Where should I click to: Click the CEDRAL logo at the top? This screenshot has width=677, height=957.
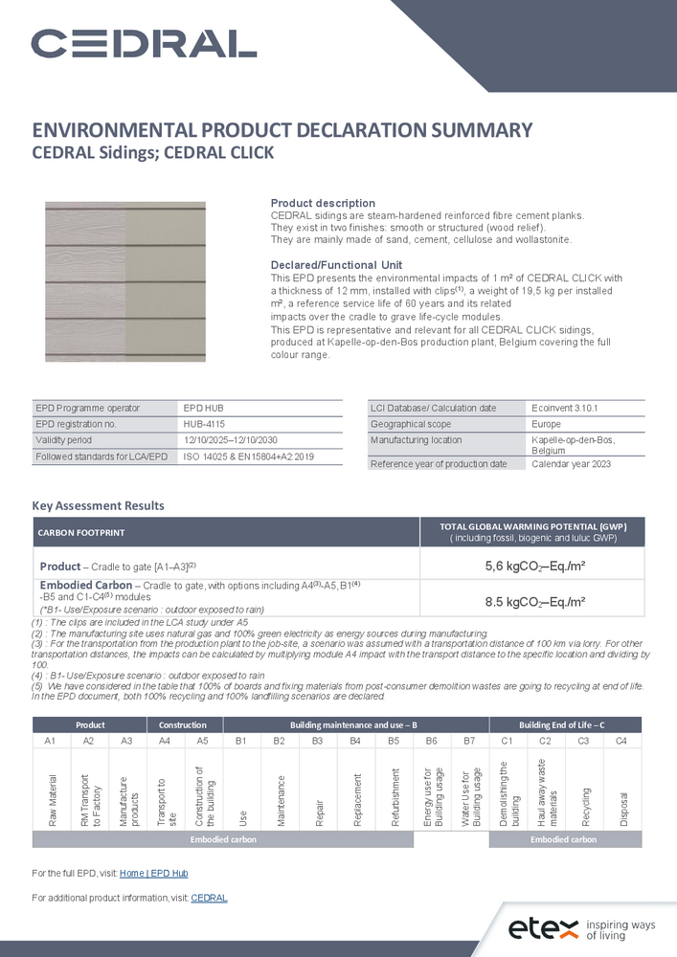tap(144, 43)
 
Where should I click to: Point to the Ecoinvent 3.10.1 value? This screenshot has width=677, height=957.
tap(564, 409)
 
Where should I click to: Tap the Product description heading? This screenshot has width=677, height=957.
tap(323, 204)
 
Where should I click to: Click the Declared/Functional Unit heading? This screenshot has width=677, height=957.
tap(337, 265)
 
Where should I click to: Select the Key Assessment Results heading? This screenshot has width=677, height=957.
tap(98, 505)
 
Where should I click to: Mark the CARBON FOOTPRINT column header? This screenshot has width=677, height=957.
tap(81, 532)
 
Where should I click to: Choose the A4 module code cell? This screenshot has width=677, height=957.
tap(164, 742)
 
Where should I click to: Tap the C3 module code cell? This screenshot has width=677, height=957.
tap(583, 742)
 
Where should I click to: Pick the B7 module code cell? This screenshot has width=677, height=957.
tap(469, 742)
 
